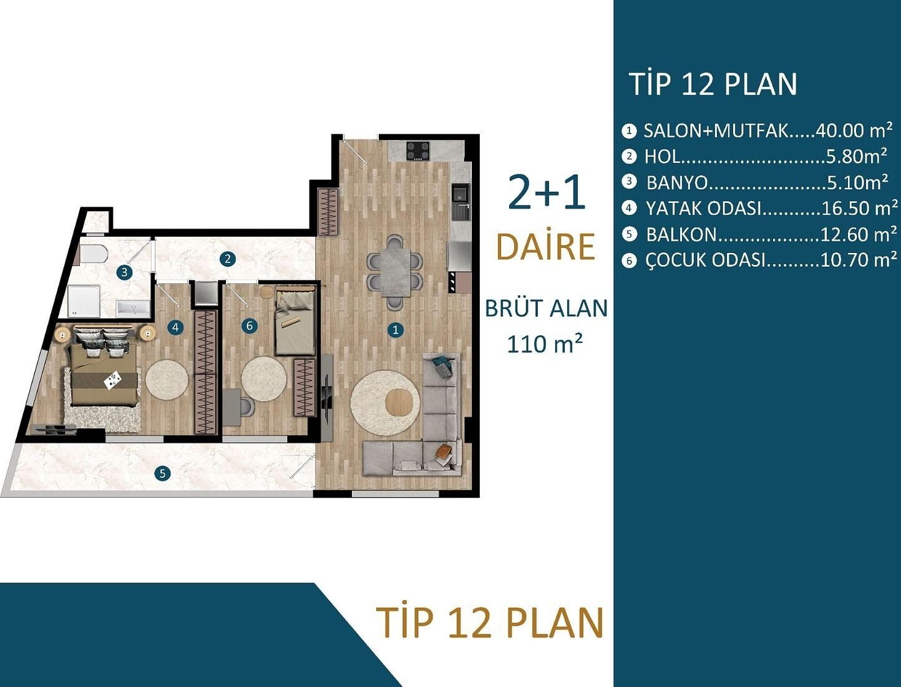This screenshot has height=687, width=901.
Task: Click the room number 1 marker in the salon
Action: (x=395, y=330)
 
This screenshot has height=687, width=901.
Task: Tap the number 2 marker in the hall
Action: (x=227, y=258)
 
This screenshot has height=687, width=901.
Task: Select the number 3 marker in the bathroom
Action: (x=125, y=272)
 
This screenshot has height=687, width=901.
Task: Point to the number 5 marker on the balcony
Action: (x=162, y=473)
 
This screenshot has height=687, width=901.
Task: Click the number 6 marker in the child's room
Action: (x=250, y=325)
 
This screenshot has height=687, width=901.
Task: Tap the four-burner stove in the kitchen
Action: (x=418, y=151)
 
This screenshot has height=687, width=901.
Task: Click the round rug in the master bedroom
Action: (x=166, y=379)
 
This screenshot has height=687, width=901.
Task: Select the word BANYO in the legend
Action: (x=677, y=182)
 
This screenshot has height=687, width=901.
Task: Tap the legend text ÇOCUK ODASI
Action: (x=705, y=260)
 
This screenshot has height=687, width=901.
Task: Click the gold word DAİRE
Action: (x=545, y=247)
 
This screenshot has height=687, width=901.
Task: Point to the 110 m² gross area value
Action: (x=545, y=343)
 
